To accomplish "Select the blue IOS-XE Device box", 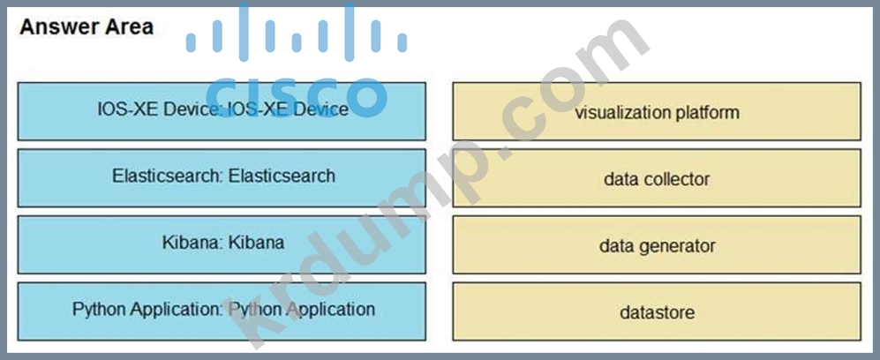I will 222,111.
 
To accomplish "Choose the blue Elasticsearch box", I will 222,177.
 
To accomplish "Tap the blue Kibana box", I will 222,244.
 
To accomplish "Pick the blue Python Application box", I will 222,311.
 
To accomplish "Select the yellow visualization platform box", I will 657,112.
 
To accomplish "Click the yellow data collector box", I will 657,179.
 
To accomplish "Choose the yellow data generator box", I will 657,245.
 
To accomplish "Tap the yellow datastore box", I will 657,312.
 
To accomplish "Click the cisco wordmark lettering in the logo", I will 297,93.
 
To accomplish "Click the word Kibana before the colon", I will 188,242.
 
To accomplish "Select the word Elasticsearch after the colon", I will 282,176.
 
